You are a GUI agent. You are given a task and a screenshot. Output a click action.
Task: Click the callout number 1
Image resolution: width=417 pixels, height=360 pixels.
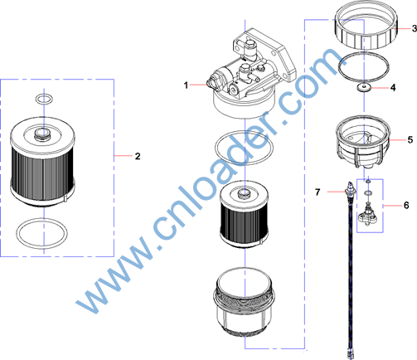click(x=186, y=85)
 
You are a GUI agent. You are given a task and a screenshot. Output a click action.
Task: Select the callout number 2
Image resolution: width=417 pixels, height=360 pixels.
click(x=138, y=156)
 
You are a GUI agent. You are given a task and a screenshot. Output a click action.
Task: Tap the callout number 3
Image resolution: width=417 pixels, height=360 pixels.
click(x=414, y=28)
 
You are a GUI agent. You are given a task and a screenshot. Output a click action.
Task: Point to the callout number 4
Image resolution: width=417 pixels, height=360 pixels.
click(x=393, y=88)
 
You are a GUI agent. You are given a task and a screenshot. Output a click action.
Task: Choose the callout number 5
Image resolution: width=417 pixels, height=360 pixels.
click(x=410, y=140)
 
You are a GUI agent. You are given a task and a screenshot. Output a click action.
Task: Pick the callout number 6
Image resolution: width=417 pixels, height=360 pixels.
click(x=406, y=205)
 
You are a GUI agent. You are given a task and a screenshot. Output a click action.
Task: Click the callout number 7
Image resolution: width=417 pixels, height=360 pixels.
click(x=318, y=192)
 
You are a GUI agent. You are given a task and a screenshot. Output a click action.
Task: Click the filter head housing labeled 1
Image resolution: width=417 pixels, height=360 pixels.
click(x=254, y=73)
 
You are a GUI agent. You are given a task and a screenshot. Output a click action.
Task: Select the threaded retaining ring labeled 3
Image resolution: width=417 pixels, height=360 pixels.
click(x=366, y=26)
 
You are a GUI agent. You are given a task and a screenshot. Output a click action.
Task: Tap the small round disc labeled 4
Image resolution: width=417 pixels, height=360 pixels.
click(x=364, y=87)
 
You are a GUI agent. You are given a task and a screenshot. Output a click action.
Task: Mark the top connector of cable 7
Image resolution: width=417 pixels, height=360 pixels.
click(x=350, y=188)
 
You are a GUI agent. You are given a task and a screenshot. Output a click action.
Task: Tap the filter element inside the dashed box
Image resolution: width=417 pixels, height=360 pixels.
click(x=42, y=162)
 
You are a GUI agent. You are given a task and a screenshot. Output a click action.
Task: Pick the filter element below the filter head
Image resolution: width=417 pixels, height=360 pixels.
click(x=244, y=214)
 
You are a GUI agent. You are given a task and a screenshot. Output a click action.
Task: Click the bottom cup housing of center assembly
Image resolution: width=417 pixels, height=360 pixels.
click(x=245, y=302)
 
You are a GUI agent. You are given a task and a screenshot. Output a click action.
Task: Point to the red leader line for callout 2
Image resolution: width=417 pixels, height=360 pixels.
click(x=124, y=156)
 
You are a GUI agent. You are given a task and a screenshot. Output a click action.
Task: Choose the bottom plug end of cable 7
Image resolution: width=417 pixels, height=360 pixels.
click(x=350, y=354)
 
